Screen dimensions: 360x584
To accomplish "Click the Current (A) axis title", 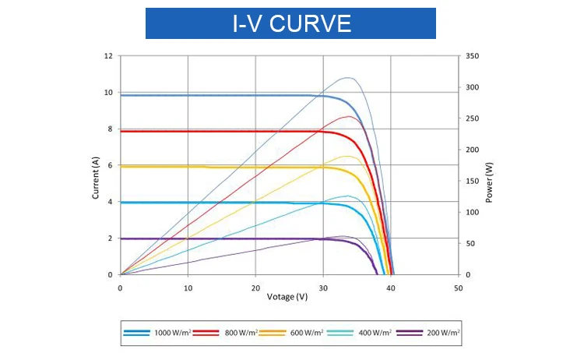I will (96, 178).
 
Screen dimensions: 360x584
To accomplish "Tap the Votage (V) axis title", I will (288, 297).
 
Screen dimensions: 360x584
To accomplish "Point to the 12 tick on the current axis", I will (108, 56).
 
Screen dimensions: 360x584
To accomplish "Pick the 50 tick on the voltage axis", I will (458, 288).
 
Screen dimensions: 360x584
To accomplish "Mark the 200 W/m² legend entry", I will (428, 332).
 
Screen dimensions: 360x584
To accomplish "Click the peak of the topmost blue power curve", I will (349, 78).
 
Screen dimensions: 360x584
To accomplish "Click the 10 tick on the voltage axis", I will (188, 288).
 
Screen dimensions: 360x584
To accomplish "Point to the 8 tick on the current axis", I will (110, 129).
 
